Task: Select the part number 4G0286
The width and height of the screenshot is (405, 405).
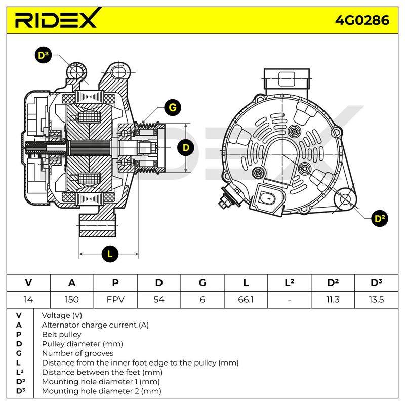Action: [x=362, y=20]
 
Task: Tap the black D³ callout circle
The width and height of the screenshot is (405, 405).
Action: [x=43, y=55]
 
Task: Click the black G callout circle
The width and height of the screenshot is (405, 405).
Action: [x=173, y=107]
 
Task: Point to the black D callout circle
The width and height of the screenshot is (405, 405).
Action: [x=186, y=147]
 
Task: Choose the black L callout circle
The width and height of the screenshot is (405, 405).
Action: [x=110, y=254]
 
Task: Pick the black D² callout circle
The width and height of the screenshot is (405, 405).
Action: [x=379, y=219]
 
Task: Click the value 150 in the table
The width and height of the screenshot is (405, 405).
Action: [x=72, y=300]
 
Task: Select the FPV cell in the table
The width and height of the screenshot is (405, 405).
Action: [x=115, y=300]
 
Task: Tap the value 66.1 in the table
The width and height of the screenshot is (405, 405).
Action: [x=246, y=300]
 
